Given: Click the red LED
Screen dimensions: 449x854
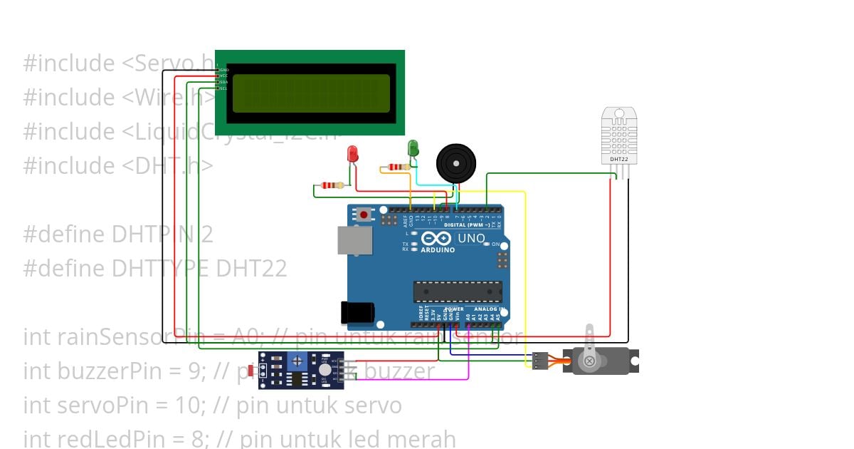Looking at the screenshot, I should click(352, 153).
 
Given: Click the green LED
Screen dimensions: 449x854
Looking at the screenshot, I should click(413, 148).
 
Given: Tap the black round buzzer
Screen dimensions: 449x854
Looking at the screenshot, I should click(455, 163).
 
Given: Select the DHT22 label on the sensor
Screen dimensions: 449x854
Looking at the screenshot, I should click(619, 159).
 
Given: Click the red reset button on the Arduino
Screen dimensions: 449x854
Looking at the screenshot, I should click(364, 214).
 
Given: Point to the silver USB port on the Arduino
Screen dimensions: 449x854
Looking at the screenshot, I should click(354, 241).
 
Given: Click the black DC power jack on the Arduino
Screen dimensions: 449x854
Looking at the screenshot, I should click(357, 312).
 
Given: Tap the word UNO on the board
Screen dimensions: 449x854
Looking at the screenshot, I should click(470, 238).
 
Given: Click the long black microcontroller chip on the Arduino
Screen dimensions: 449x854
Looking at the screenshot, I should click(458, 291).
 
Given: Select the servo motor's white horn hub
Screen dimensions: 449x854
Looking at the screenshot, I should click(589, 361).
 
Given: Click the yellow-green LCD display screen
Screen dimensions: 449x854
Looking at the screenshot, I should click(311, 93).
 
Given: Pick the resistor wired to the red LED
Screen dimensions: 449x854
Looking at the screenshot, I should click(332, 185).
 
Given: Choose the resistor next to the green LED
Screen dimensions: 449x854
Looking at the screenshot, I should click(399, 167).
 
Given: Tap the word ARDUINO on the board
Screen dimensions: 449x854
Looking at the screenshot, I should click(438, 250).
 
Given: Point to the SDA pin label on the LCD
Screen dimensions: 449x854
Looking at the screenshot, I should click(223, 82).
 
